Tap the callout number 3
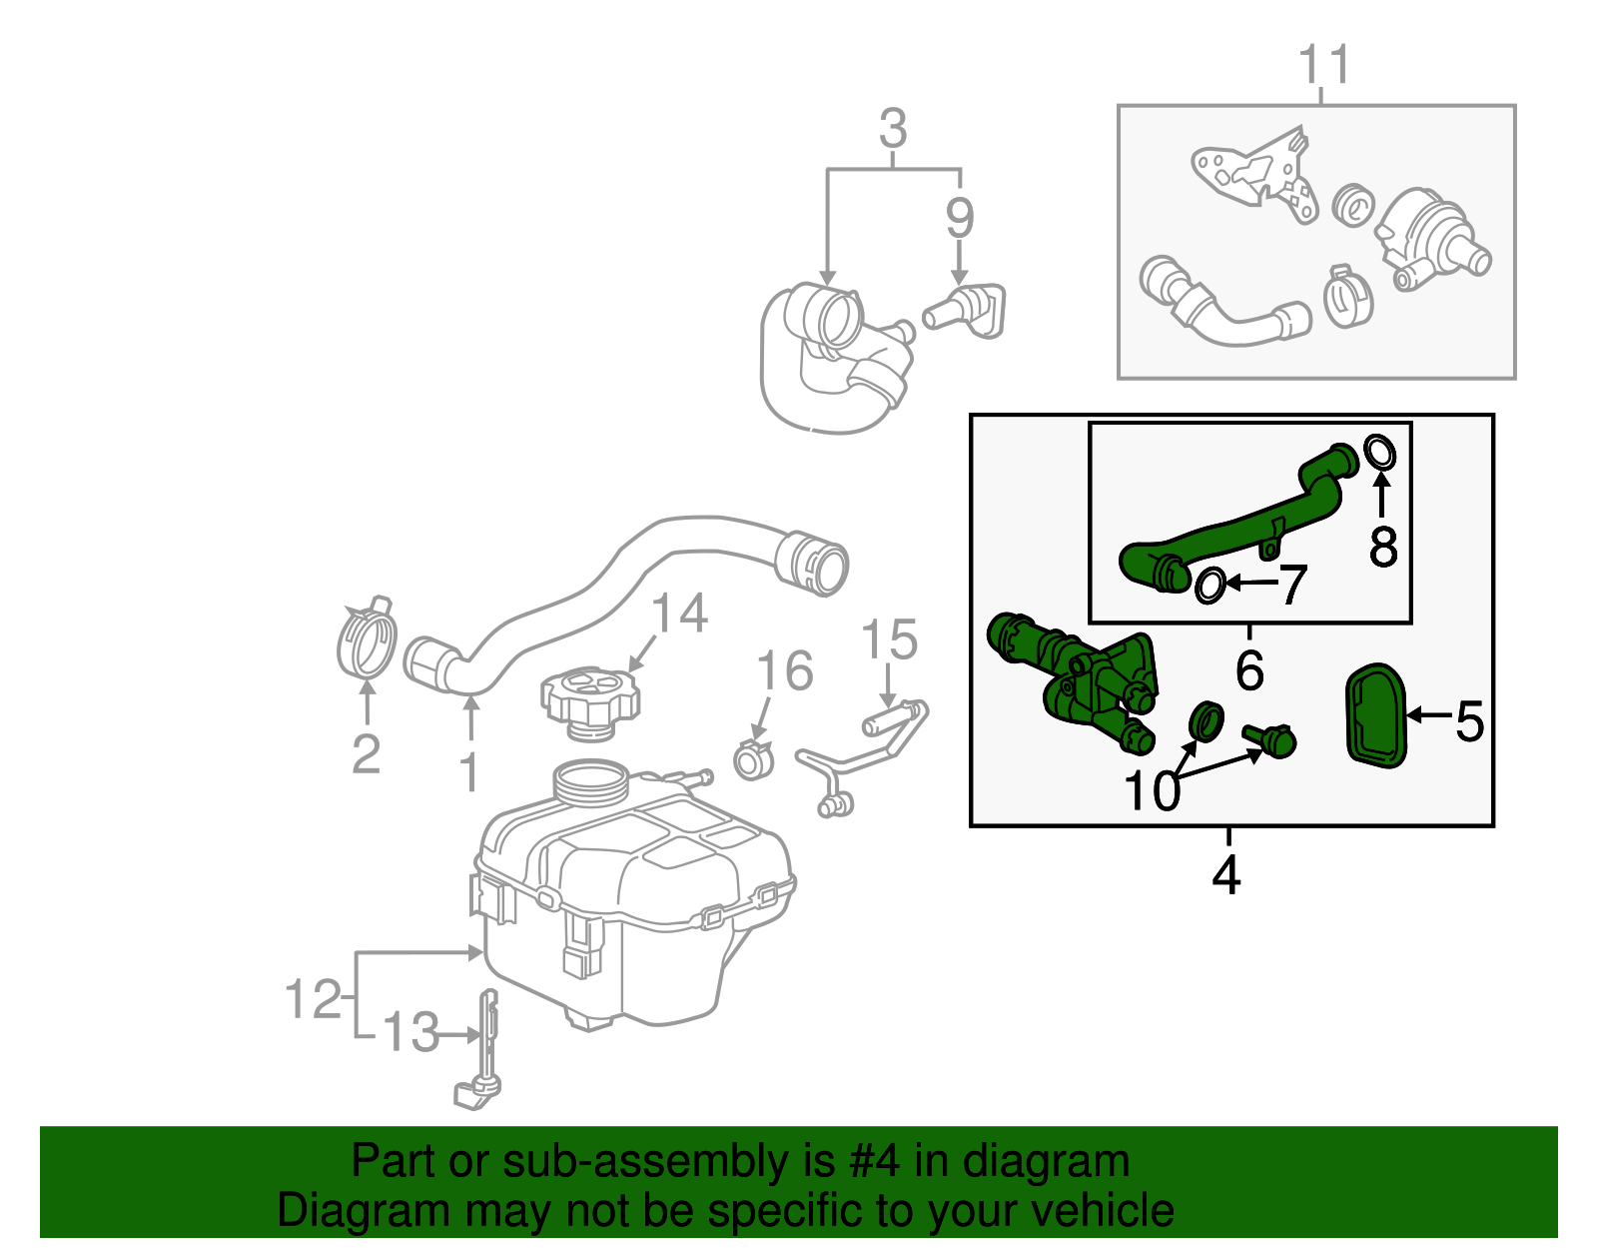(893, 129)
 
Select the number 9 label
(959, 217)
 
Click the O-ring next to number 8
(1379, 453)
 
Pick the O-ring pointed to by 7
(1210, 587)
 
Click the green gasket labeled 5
(1376, 716)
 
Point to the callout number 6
(1248, 669)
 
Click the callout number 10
(1152, 791)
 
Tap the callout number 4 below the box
(1226, 875)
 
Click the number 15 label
(889, 639)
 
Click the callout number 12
(314, 998)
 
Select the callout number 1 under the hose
(469, 772)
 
